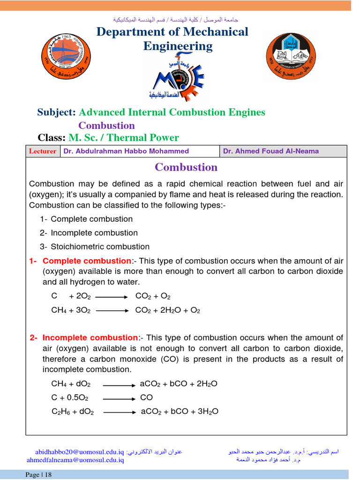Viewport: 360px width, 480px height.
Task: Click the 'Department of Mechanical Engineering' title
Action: [x=172, y=39]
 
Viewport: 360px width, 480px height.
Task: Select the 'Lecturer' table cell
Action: [x=43, y=151]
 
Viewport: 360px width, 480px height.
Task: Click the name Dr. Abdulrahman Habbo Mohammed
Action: [x=126, y=151]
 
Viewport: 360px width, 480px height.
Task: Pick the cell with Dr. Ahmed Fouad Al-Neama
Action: [x=271, y=151]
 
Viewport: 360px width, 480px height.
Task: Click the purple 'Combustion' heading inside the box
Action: [x=186, y=167]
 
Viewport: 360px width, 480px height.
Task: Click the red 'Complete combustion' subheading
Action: [x=87, y=261]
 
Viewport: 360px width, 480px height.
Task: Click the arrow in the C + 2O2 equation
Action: [x=112, y=297]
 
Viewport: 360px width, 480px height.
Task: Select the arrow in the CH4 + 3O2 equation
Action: [x=112, y=310]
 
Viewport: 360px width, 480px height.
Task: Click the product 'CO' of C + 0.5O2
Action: [x=146, y=397]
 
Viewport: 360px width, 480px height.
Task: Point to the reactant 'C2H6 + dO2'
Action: [x=73, y=412]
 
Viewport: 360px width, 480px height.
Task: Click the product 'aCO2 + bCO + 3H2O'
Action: [x=180, y=412]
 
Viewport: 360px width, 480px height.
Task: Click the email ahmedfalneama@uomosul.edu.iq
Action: [x=75, y=460]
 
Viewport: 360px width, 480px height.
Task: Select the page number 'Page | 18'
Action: [x=38, y=475]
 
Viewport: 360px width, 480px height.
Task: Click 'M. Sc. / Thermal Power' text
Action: [x=124, y=138]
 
